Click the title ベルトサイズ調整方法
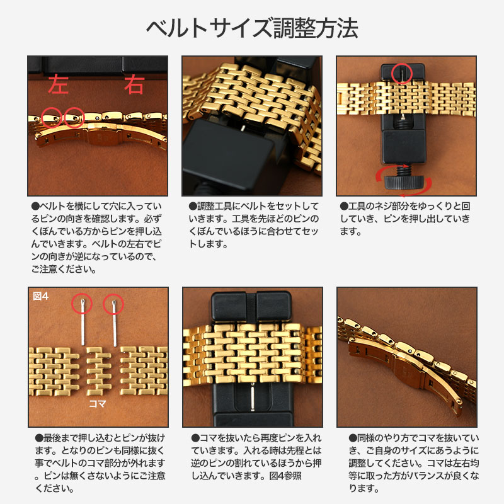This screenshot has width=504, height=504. coord(252,28)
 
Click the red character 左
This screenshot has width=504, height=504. coord(59,84)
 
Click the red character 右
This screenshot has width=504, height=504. coord(134,84)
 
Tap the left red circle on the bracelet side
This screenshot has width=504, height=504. coord(52,116)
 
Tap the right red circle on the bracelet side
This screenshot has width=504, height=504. coord(74,116)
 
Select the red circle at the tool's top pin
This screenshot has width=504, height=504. coord(401,73)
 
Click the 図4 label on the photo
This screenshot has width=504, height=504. coord(40,296)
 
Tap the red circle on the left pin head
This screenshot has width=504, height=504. coord(82,304)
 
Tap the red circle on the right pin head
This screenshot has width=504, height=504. coord(113,304)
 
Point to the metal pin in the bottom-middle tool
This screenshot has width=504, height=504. coord(252,397)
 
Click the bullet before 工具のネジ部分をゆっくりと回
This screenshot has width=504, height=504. coord(343,206)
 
